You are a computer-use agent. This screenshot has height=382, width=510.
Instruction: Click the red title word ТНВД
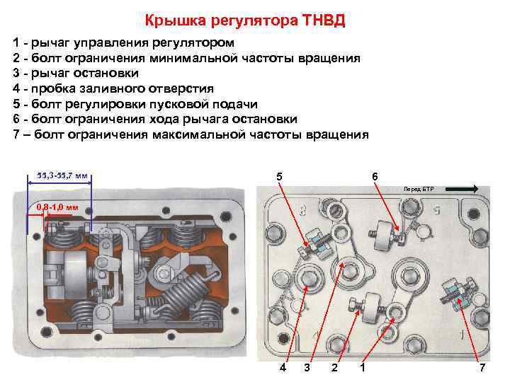click(x=323, y=20)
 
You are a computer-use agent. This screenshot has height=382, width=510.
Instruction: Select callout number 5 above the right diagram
click(x=279, y=176)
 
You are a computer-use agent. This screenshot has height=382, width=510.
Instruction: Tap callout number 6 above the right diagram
click(x=375, y=176)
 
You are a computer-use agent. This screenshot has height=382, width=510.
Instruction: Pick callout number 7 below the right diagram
click(x=482, y=368)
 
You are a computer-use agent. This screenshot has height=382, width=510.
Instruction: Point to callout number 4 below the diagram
click(x=283, y=368)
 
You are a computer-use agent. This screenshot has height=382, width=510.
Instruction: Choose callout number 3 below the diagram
click(x=307, y=368)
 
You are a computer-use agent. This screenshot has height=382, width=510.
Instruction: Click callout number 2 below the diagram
click(x=334, y=368)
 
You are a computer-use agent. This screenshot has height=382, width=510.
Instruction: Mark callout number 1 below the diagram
click(x=363, y=368)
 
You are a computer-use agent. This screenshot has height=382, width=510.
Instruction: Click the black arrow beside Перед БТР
click(x=462, y=189)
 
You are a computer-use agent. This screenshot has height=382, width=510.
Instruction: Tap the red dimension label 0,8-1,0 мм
click(x=57, y=207)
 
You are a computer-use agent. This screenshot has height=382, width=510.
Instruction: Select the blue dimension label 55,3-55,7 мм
click(x=62, y=175)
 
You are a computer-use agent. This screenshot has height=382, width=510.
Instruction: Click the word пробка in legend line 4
click(x=53, y=88)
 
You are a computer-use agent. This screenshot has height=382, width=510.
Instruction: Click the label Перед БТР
click(x=419, y=189)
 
